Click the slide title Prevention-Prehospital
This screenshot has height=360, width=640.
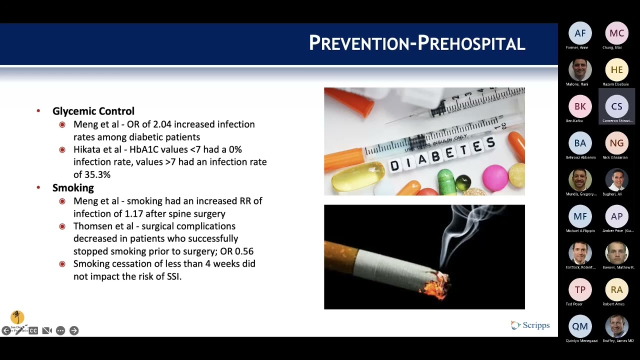416,43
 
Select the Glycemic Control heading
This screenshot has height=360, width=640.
93,111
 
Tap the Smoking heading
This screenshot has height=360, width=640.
73,187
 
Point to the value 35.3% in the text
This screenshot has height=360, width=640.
98,174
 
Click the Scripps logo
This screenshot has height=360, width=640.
530,325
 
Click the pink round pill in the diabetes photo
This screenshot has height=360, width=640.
494,177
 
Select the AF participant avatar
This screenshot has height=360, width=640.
580,33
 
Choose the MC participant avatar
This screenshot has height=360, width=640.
616,33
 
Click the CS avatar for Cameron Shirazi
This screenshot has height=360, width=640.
616,106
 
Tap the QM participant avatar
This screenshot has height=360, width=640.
580,326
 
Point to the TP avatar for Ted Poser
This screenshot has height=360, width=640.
580,290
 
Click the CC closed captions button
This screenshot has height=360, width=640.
33,330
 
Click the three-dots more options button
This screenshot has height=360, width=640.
60,330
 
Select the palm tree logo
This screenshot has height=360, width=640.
17,317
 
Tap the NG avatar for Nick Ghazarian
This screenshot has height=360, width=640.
616,143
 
